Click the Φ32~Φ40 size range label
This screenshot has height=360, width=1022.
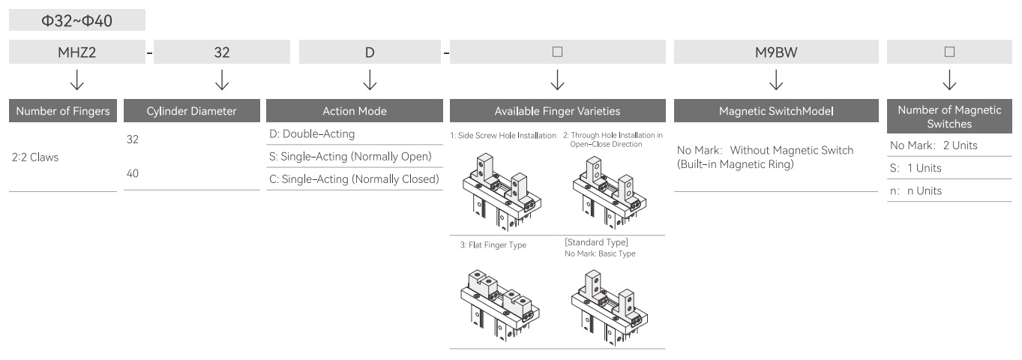(77, 20)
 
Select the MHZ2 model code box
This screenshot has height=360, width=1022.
(77, 52)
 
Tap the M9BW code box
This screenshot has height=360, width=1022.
(776, 52)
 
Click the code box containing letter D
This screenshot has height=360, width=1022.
(370, 52)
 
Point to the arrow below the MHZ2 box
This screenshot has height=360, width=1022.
(77, 79)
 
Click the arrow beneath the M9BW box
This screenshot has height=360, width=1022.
(776, 79)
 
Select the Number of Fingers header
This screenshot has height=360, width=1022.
(63, 111)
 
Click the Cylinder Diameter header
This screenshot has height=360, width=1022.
(192, 111)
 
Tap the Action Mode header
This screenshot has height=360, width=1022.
(355, 111)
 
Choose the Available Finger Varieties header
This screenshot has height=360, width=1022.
(558, 111)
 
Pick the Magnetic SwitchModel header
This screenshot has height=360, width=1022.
(776, 111)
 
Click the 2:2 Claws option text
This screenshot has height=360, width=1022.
(35, 157)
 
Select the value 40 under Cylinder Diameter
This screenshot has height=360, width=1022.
(132, 173)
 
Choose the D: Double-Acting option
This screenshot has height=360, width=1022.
(312, 133)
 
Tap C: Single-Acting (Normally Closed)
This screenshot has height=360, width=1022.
(354, 179)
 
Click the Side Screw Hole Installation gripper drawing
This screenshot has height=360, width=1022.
(502, 192)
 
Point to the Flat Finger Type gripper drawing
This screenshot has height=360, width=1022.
(500, 304)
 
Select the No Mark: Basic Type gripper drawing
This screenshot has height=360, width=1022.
(610, 307)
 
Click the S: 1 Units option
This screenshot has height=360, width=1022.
(916, 168)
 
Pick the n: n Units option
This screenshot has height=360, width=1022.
(916, 190)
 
